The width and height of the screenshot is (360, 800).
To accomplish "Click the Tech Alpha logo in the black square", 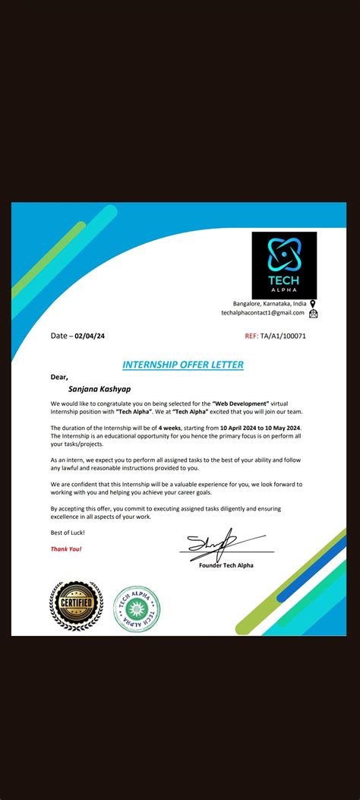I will pos(284,264).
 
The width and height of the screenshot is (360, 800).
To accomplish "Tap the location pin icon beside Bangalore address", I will pos(313,303).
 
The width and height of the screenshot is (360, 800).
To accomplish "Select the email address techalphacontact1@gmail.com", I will pos(263,312).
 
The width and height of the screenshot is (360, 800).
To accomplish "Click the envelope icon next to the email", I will pos(313,313).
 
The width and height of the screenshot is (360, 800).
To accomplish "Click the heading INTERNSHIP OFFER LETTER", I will pos(183,365).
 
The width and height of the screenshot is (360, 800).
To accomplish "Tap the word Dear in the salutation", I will pos(59,376).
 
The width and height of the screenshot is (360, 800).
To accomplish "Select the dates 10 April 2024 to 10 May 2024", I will pos(261,428).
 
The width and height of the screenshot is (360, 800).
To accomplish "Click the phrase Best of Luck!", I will pos(62,532).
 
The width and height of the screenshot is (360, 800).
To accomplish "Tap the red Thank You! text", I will pos(66,549).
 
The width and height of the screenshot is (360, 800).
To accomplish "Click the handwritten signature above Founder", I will pos(216,543).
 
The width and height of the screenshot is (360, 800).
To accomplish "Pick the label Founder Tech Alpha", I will pos(226,564).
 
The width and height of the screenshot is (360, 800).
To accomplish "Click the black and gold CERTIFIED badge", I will pos(76,605).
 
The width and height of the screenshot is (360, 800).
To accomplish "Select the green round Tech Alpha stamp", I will pos(137,609).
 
